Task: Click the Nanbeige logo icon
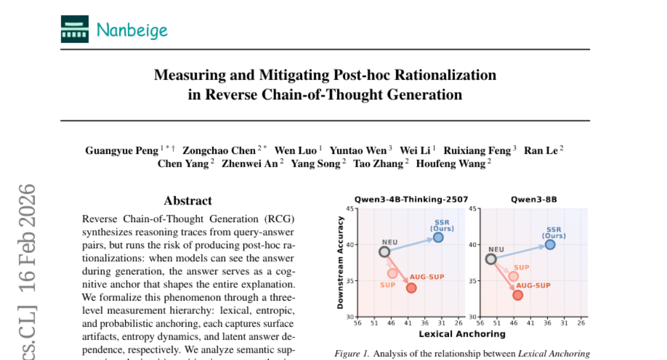(74, 29)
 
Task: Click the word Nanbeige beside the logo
(132, 30)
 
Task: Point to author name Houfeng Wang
(451, 163)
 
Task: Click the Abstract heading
(188, 201)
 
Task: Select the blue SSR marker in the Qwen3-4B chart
(438, 237)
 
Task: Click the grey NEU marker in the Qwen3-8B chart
(491, 259)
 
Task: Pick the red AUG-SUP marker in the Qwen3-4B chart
(411, 288)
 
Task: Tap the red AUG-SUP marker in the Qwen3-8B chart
(517, 295)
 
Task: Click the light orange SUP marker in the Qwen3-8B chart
(513, 276)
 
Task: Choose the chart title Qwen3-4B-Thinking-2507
(411, 199)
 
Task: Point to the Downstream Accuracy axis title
(341, 262)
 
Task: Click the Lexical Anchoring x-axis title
(462, 334)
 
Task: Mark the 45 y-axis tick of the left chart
(350, 209)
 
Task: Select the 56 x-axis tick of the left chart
(357, 323)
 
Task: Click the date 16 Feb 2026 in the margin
(27, 233)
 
